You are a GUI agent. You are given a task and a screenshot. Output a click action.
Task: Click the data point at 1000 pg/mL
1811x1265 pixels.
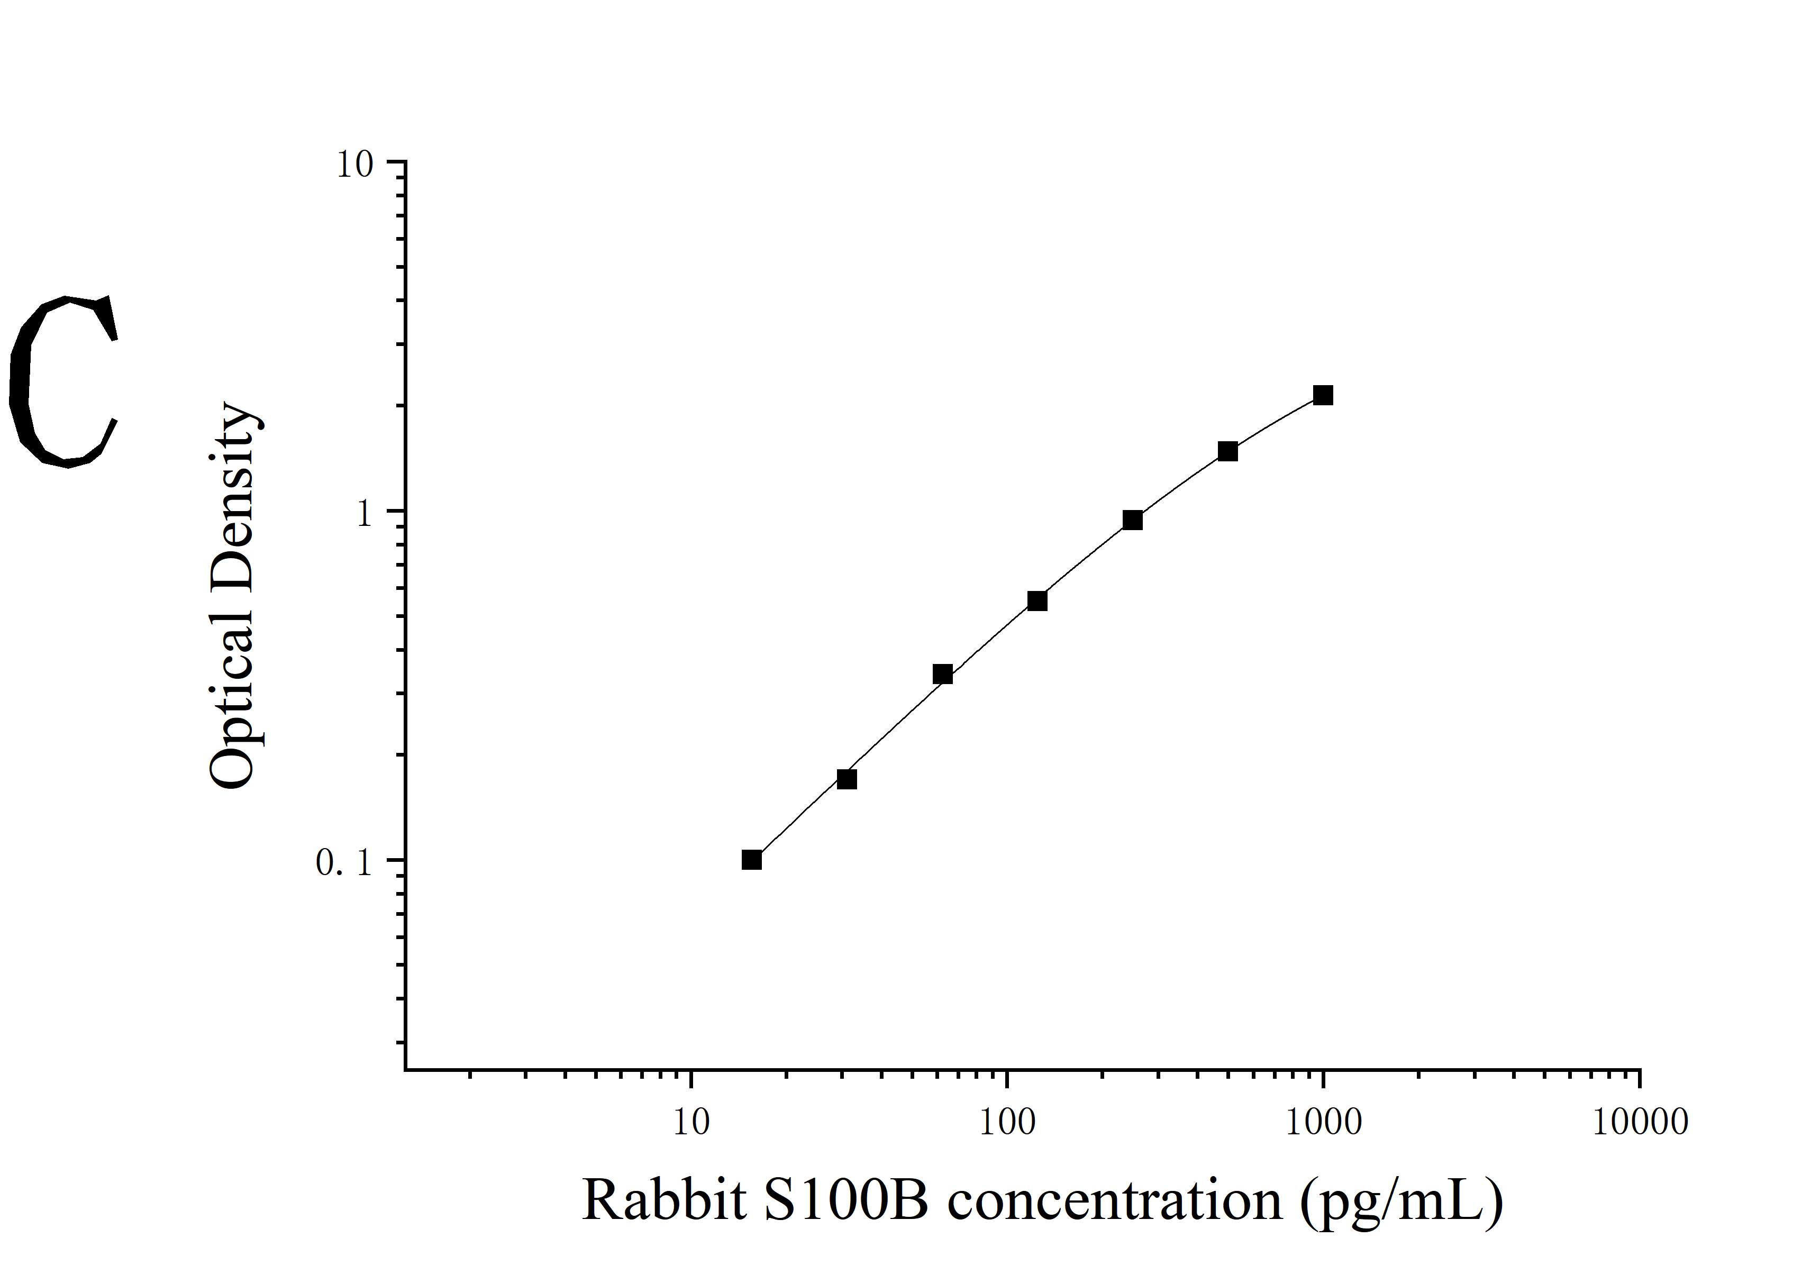1323,395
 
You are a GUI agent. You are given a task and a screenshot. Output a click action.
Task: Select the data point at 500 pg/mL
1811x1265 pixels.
1227,451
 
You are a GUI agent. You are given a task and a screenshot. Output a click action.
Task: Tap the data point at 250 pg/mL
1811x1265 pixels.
1132,520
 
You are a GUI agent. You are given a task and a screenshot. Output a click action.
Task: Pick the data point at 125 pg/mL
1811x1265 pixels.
1037,601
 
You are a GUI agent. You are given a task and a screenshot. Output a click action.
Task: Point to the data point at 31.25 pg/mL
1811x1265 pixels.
847,779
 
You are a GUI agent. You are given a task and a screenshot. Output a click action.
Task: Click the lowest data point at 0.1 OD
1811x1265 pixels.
752,860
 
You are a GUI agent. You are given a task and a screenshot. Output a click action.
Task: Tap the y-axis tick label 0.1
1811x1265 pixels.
343,863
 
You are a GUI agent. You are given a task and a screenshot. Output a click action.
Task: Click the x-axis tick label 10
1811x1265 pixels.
691,1122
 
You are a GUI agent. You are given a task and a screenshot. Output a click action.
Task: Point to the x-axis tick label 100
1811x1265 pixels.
1007,1122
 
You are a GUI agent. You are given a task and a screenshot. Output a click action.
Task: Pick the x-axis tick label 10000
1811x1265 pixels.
1640,1122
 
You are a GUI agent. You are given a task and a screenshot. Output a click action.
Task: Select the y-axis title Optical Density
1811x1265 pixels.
233,595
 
